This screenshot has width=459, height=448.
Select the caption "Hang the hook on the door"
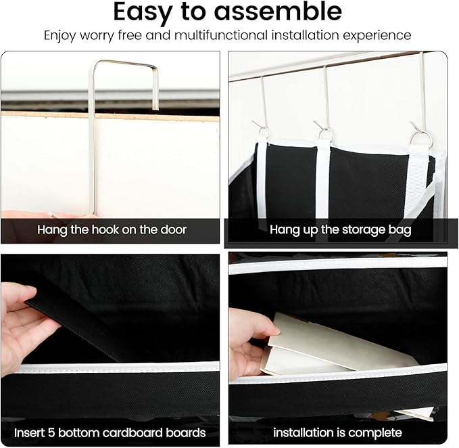coord(112,229)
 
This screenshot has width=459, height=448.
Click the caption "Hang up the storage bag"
coord(341,229)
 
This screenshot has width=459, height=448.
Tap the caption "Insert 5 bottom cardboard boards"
coord(112,432)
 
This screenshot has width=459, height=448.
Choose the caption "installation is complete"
coord(337,432)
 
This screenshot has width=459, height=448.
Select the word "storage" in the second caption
coord(362,229)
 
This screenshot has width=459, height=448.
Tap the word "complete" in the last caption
coord(377,432)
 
